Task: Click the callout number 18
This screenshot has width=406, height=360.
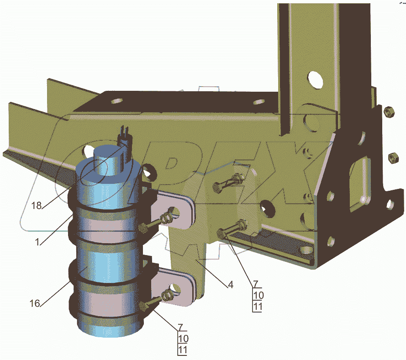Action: click(37, 206)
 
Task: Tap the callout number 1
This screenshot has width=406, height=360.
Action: click(37, 242)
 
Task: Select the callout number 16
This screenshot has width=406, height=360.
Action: click(35, 303)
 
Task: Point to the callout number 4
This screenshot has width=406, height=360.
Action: click(231, 285)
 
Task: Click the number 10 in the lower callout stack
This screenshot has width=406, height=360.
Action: click(183, 339)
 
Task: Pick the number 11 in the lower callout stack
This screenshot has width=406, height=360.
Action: click(183, 350)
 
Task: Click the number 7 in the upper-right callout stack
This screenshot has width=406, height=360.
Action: click(256, 284)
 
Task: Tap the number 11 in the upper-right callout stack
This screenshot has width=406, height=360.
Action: click(258, 307)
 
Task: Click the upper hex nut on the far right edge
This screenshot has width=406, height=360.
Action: click(389, 112)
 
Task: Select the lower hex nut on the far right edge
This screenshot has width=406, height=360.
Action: click(394, 157)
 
